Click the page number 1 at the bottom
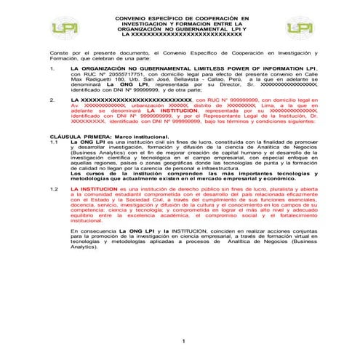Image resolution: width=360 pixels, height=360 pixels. (x=184, y=341)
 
